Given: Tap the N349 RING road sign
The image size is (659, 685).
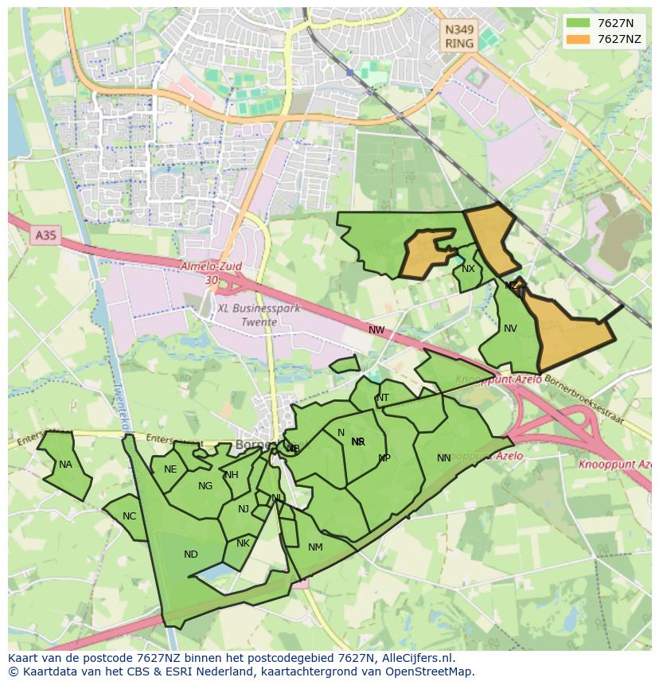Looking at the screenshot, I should [459, 37].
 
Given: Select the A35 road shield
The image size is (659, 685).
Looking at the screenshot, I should [45, 235].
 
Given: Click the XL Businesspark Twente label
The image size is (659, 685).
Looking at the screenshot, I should [259, 315].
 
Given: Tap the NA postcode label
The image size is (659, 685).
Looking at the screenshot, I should [65, 465].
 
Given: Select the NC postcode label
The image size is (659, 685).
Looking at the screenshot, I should [129, 516].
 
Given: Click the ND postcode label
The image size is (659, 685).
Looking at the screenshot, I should [190, 555].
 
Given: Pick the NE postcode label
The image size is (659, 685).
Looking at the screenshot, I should [170, 469].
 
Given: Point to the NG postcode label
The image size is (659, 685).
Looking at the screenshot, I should [205, 486].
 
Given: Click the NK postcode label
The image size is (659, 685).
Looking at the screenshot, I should [243, 543].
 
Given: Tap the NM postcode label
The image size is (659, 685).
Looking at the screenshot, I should [315, 547].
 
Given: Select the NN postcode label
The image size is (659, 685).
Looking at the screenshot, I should [444, 457].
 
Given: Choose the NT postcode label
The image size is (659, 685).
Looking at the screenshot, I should [383, 398].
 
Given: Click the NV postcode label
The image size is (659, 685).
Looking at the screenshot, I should [510, 329].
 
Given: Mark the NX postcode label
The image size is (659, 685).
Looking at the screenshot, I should [468, 269].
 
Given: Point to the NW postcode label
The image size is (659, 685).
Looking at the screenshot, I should [376, 330].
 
